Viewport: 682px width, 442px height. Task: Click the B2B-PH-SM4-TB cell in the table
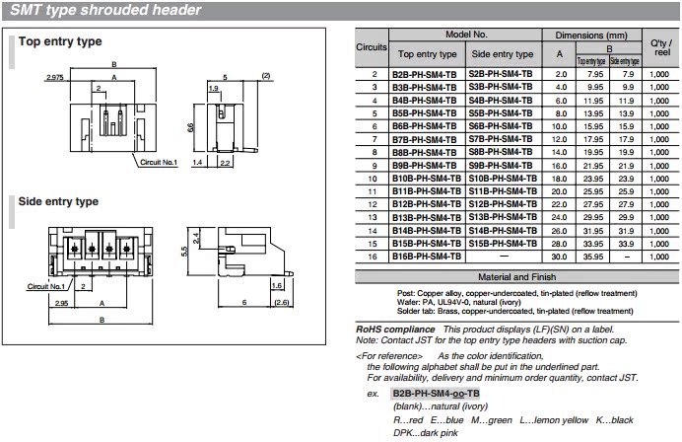(x=424, y=74)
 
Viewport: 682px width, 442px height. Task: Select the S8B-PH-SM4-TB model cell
(x=501, y=152)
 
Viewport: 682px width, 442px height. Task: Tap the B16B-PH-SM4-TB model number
(x=426, y=257)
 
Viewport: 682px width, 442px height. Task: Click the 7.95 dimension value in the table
(x=595, y=74)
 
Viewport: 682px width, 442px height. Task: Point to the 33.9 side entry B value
(x=626, y=244)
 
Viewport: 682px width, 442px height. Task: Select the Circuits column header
(x=372, y=47)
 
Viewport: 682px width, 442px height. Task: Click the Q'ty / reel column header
(x=661, y=47)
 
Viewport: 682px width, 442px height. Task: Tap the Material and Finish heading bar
(x=516, y=277)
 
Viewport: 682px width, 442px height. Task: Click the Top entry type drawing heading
(x=60, y=41)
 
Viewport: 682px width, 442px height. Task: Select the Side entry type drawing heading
(x=58, y=201)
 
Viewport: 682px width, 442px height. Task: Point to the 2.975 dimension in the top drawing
(x=55, y=78)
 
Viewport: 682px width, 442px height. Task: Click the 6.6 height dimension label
(x=190, y=127)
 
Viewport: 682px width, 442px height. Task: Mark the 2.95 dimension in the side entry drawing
(x=61, y=303)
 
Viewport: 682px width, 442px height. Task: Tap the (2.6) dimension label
(x=282, y=302)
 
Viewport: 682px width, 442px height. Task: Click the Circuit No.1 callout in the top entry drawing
(x=159, y=163)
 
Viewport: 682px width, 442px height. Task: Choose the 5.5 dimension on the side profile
(x=184, y=252)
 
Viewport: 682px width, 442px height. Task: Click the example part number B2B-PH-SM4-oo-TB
(x=436, y=394)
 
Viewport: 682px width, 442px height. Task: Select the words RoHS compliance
(x=395, y=330)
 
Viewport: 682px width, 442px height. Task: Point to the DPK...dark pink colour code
(x=426, y=433)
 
